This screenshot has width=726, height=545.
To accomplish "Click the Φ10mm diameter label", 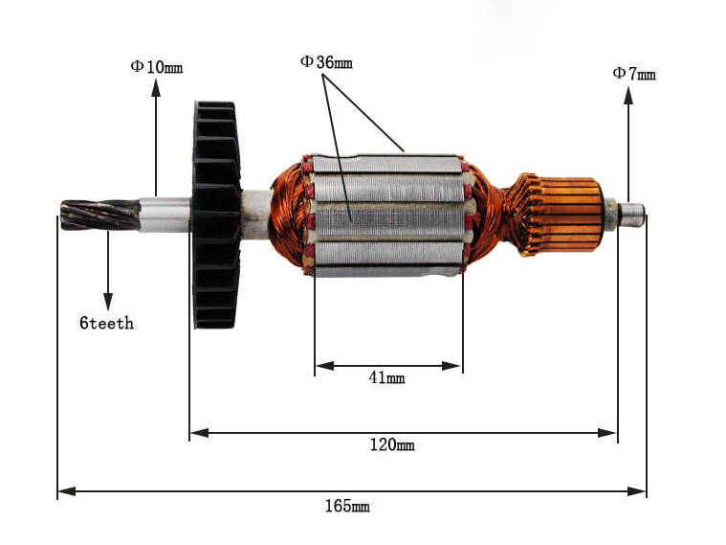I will [157, 67].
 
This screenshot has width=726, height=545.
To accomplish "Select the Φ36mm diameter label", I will [326, 62].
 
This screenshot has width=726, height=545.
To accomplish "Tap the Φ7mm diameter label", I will [634, 73].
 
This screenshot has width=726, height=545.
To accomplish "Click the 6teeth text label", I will [106, 324].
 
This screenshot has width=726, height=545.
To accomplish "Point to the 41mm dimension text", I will [386, 378].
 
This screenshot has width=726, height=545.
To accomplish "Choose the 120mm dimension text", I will [392, 445].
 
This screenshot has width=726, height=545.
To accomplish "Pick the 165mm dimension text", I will [347, 506].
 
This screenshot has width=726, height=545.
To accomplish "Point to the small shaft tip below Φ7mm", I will [631, 214].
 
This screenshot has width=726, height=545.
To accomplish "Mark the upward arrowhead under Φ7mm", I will [628, 93].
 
